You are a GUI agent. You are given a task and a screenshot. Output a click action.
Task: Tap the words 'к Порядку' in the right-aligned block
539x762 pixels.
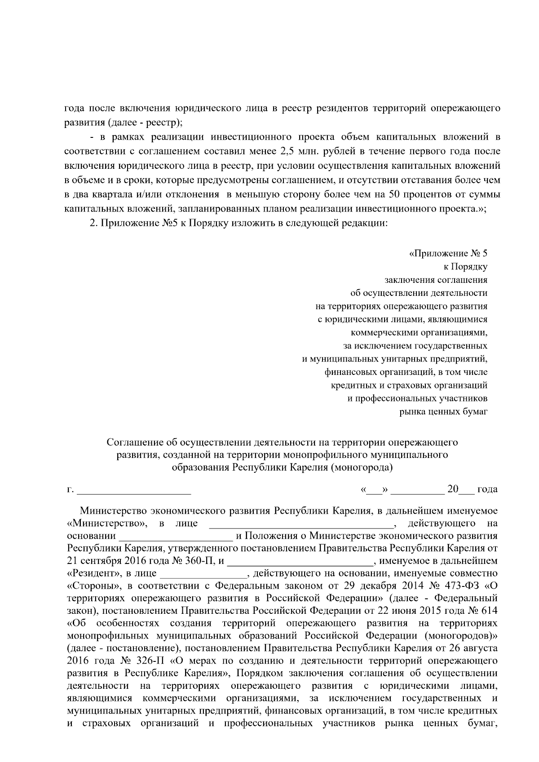(465, 267)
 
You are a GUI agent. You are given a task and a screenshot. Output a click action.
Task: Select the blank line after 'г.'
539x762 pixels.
(134, 489)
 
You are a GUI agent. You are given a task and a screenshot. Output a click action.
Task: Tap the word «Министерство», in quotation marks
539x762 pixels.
(107, 524)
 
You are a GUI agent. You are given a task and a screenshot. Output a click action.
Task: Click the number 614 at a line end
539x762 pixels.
(490, 611)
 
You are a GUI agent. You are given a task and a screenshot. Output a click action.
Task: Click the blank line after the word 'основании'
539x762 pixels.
(175, 536)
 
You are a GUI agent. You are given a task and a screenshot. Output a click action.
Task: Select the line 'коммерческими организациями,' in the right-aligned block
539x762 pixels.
(419, 333)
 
